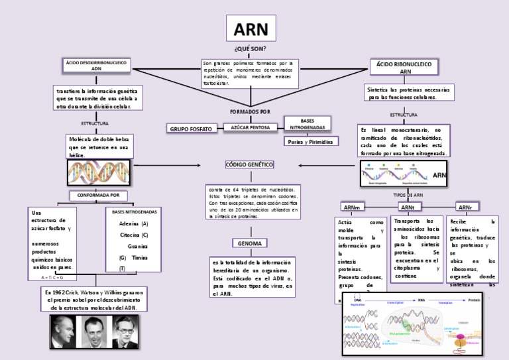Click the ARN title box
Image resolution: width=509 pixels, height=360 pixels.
(251, 29)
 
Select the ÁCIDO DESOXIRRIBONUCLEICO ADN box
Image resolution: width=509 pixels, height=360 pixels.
(96, 65)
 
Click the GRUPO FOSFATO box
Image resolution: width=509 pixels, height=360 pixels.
(191, 128)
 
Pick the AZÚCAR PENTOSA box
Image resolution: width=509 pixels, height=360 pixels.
(251, 127)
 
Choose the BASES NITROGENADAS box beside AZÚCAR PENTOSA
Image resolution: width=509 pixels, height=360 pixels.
(307, 124)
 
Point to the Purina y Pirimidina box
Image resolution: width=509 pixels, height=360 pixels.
(310, 141)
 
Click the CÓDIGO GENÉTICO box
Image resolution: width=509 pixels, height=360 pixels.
(249, 164)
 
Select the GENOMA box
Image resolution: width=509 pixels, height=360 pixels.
(250, 243)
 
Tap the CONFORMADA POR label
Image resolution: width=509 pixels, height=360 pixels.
(98, 196)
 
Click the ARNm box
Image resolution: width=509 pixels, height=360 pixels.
(351, 208)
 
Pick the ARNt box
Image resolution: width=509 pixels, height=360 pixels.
(407, 208)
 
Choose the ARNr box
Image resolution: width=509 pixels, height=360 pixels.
(465, 208)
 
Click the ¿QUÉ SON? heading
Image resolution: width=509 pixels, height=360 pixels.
(250, 49)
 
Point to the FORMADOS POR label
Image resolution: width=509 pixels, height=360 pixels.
(250, 111)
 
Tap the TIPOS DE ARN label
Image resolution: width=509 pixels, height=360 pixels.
(408, 195)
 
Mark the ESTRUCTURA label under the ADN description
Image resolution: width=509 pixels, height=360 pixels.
(95, 123)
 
